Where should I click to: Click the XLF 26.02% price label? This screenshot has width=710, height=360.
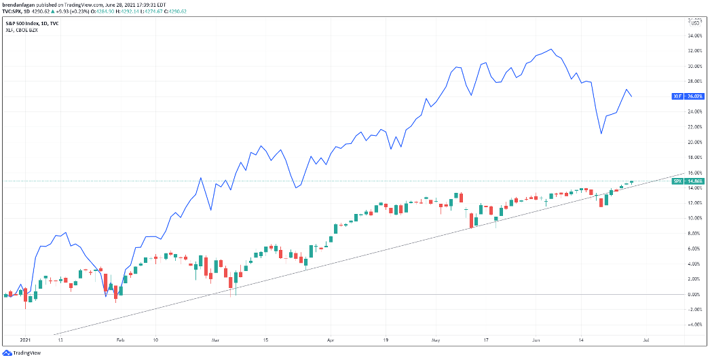point(686,96)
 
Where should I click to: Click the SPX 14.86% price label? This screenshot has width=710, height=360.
point(686,181)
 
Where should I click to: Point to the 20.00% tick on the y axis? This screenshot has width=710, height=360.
point(694,142)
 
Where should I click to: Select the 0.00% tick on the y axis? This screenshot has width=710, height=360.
point(694,294)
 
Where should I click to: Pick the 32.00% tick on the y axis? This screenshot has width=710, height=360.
point(694,51)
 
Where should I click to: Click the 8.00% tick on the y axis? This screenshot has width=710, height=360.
point(694,233)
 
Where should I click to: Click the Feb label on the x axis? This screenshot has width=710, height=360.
point(120,338)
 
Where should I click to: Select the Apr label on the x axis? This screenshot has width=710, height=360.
point(331,338)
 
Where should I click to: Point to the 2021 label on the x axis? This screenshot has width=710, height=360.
point(25,338)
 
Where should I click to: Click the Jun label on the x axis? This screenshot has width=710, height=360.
point(536,338)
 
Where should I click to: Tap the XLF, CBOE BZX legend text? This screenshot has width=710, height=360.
point(22,30)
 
